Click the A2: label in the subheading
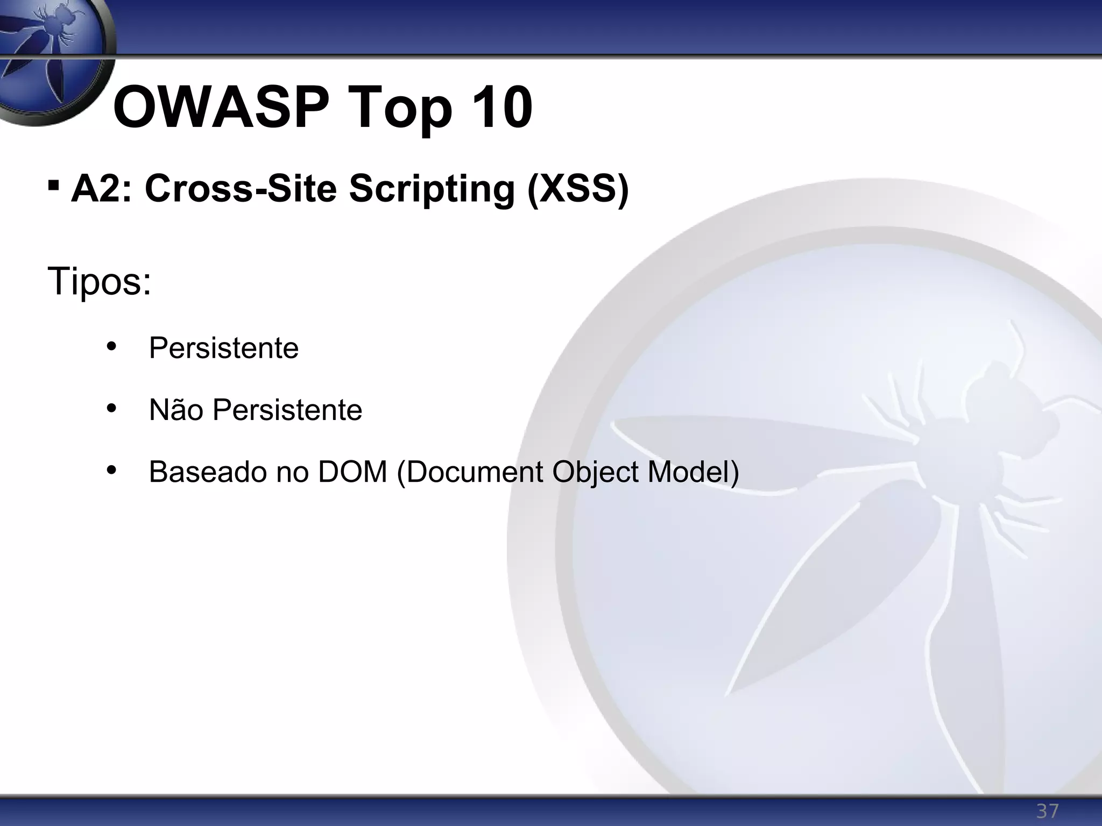101,189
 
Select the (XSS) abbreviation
577,190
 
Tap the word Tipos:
99,281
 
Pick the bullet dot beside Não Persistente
111,409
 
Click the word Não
176,409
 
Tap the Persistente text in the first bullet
223,347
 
